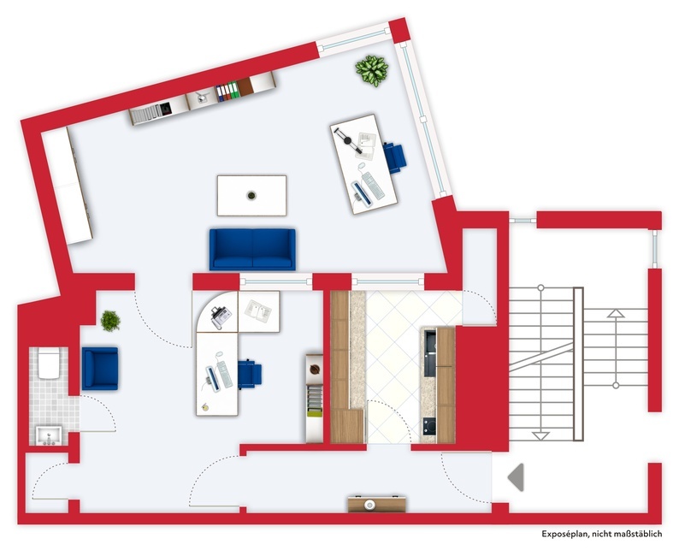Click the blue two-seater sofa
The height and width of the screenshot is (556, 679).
(x=252, y=249)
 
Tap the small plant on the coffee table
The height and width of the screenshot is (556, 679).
(x=251, y=195)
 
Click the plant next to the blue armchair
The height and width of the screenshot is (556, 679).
(x=110, y=321)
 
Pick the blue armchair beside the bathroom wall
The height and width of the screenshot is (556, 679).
(x=100, y=368)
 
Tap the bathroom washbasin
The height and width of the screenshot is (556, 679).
(x=48, y=436)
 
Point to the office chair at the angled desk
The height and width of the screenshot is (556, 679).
(x=394, y=157)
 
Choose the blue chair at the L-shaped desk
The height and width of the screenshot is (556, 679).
(x=249, y=374)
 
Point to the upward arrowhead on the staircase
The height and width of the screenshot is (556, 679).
(x=614, y=314)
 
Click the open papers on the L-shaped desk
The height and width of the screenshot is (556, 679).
(x=259, y=310)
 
